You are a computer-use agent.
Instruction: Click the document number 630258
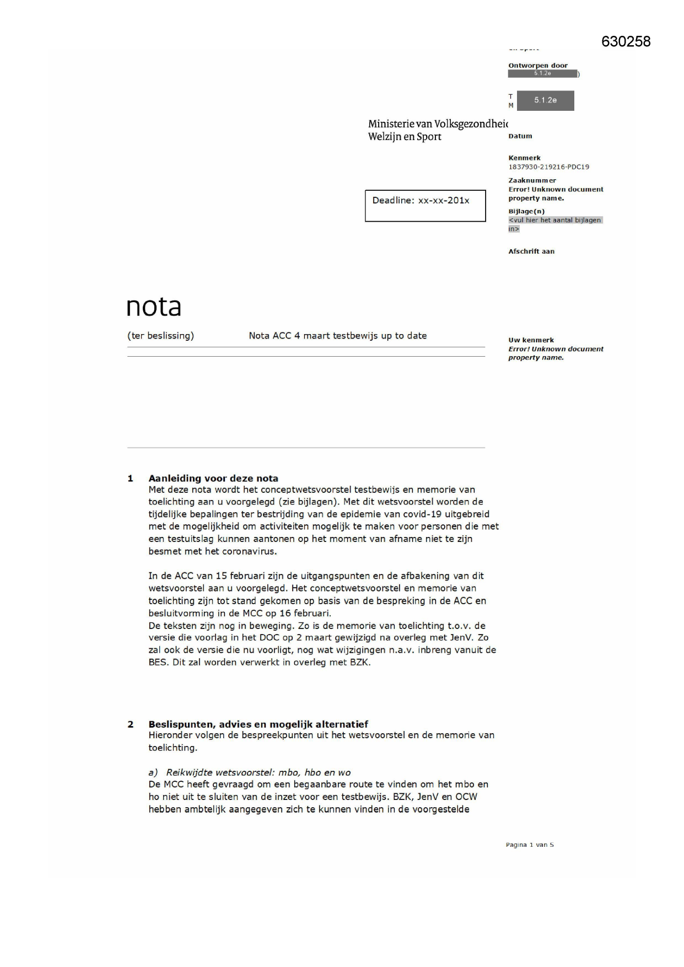pos(626,42)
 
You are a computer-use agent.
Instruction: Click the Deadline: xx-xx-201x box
pos(425,206)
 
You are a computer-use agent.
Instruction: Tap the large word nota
pos(154,307)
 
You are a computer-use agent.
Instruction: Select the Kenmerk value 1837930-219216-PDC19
pos(548,166)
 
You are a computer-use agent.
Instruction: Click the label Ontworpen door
pos(537,66)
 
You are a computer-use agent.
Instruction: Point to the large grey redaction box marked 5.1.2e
pos(545,100)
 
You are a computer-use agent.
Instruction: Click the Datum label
pos(520,136)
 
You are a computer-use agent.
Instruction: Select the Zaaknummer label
pos(532,180)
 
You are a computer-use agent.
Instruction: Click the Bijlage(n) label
pos(526,211)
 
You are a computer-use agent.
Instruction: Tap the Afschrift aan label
pos(531,251)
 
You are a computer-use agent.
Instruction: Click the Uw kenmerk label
pos(531,340)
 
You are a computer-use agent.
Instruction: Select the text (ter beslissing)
pos(160,336)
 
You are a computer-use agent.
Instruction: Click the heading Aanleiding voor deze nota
pos(213,479)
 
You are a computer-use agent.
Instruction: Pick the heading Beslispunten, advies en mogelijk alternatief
pos(258,724)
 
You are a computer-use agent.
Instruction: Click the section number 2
pos(131,724)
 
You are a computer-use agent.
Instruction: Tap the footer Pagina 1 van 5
pos(529,845)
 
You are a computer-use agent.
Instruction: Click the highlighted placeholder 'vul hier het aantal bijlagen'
pos(554,221)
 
